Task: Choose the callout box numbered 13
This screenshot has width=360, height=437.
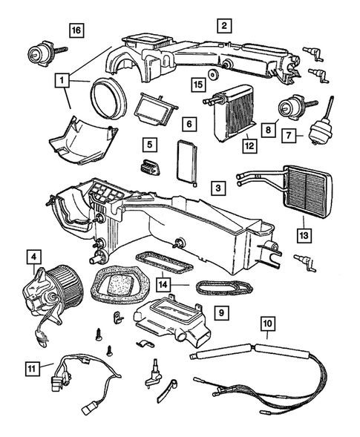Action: [x=304, y=236]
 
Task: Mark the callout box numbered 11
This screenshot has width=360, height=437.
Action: [x=30, y=366]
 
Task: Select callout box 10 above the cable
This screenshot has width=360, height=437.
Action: [x=268, y=324]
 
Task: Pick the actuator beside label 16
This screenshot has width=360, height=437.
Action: [x=39, y=53]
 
